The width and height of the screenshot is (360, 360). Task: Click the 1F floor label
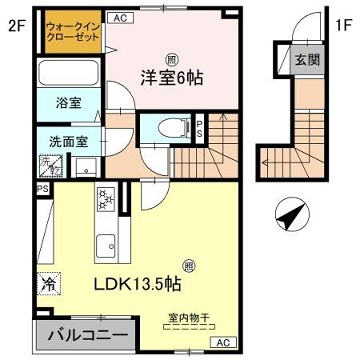(343, 27)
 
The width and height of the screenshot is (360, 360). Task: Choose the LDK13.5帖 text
(137, 284)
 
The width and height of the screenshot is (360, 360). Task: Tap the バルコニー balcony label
(81, 332)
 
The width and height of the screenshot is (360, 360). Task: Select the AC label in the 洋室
(118, 18)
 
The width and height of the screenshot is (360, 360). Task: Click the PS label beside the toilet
(201, 128)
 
